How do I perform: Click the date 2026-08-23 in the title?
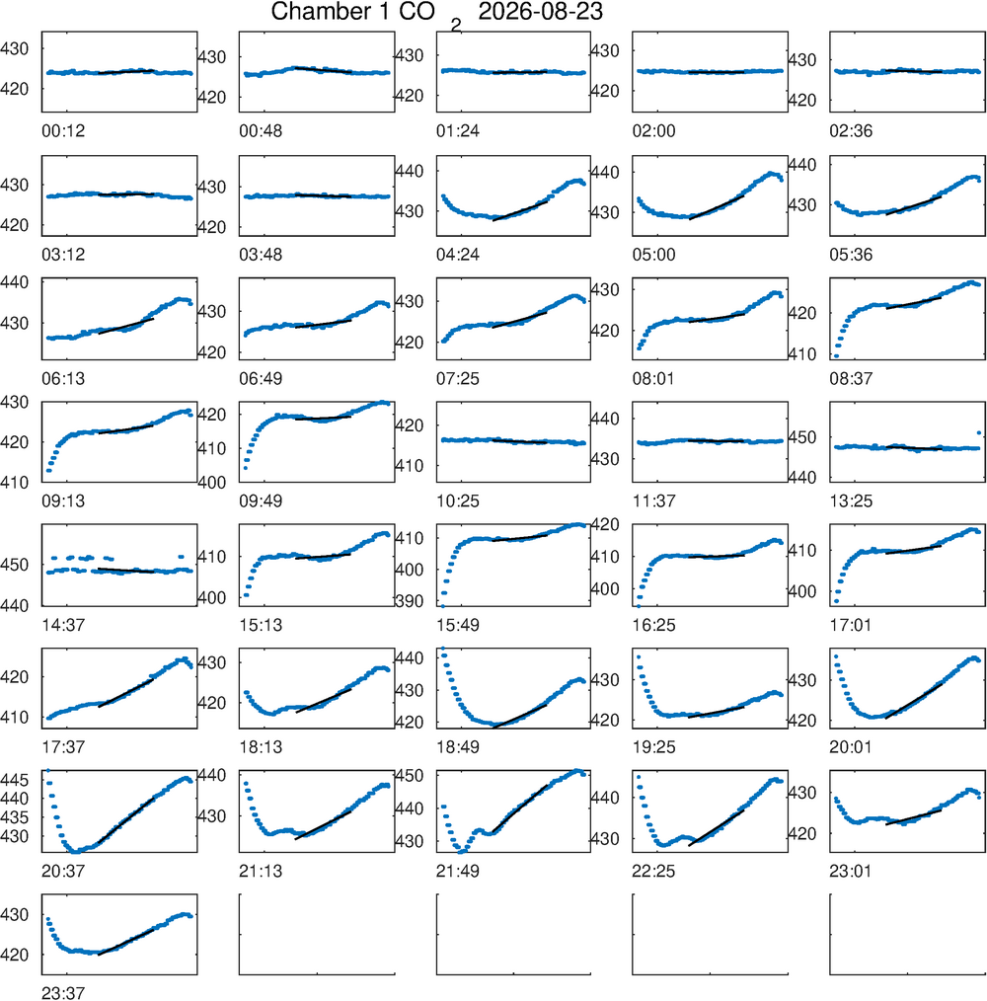[540, 12]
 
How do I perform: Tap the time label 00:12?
[63, 131]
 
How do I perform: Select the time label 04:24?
[458, 255]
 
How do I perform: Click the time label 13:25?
[851, 501]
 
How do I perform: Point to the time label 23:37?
[63, 993]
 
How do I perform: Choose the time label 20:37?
[63, 871]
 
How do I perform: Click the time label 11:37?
[653, 501]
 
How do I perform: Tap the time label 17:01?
[851, 625]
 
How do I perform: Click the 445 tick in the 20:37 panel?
[14, 780]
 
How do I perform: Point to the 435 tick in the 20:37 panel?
[14, 817]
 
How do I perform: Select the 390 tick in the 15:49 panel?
[409, 601]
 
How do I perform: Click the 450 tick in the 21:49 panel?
[409, 776]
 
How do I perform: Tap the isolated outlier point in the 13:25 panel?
[979, 432]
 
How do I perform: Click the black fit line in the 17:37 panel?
[125, 693]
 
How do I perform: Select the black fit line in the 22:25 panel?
[717, 828]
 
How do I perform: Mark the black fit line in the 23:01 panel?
[914, 817]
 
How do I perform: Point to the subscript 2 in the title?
[455, 26]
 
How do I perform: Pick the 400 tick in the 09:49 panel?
[211, 483]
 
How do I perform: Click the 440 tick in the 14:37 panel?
[14, 605]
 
